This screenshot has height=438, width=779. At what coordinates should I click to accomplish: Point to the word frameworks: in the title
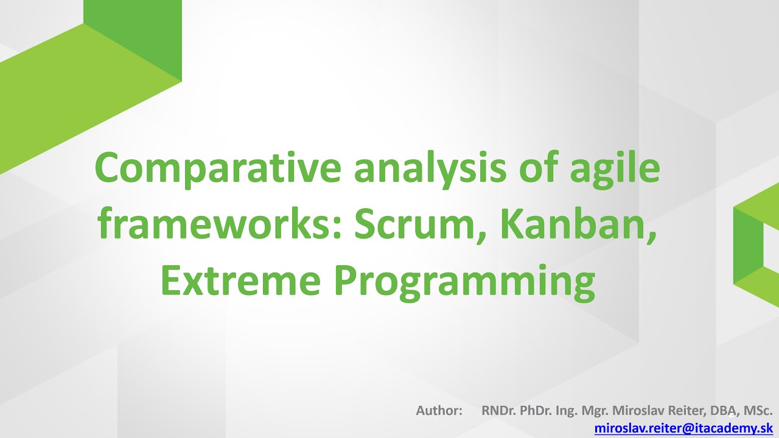point(220,226)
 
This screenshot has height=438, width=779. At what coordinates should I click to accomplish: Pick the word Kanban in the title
point(578,226)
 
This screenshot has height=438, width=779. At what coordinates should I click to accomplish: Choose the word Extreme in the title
point(240,282)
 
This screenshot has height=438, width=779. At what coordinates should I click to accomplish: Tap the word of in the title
point(536,169)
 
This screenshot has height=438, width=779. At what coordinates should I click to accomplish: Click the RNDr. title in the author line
point(498,411)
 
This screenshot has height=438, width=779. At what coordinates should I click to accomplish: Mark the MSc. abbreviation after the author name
point(759,411)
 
